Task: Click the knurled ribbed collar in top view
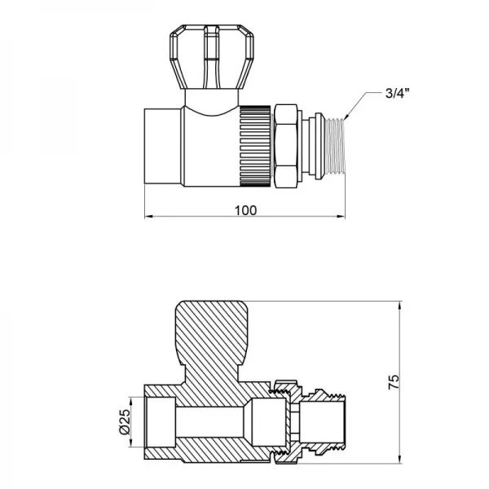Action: pyautogui.click(x=256, y=145)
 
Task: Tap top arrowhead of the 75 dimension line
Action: pyautogui.click(x=400, y=306)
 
